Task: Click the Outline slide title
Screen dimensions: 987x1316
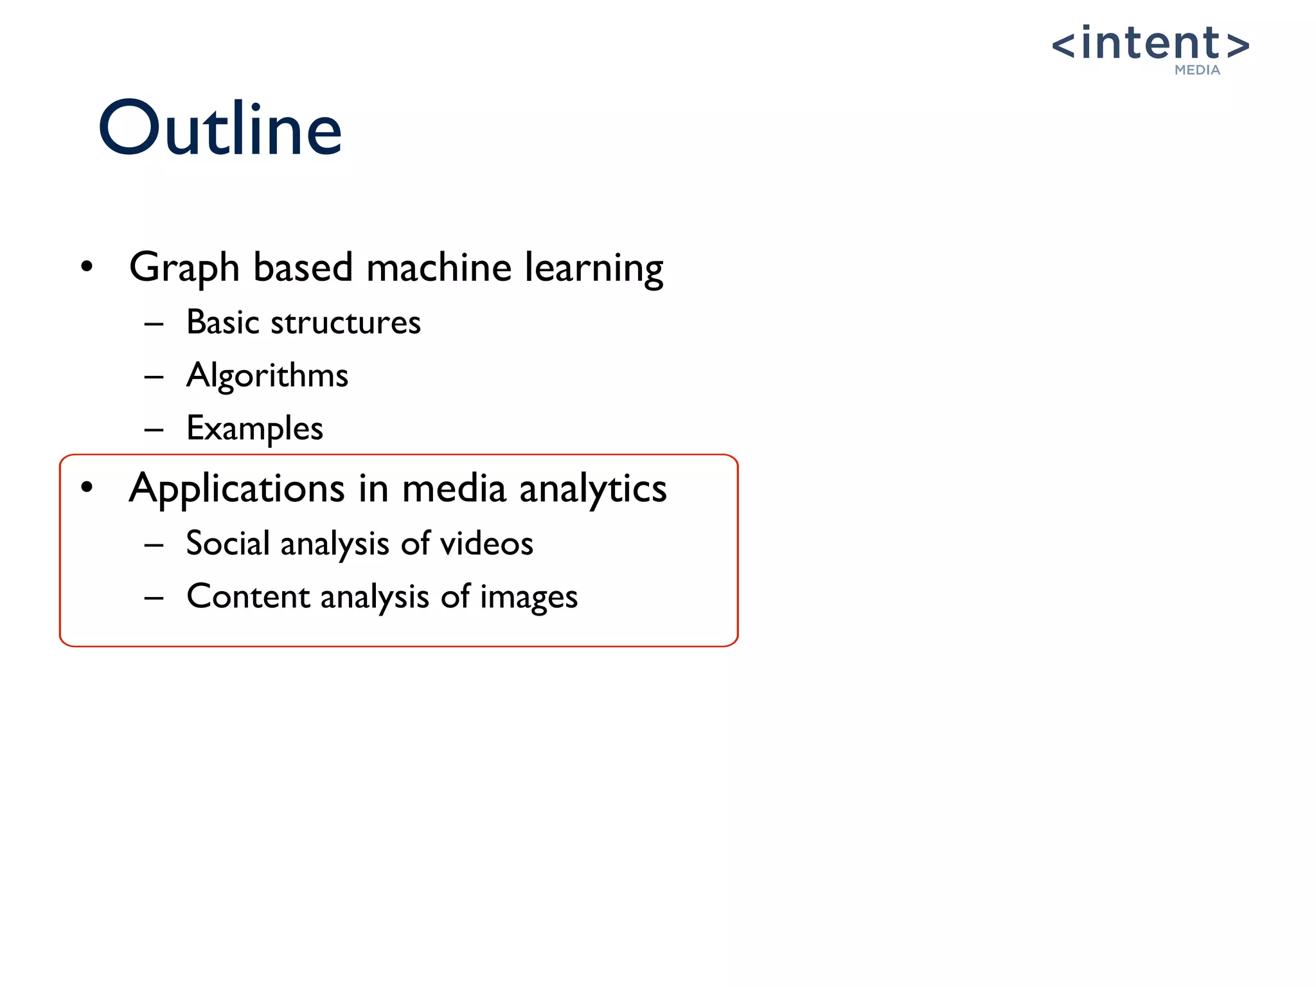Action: [220, 129]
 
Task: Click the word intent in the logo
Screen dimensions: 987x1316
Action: [1150, 43]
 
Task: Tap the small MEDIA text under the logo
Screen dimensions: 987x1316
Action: [1196, 70]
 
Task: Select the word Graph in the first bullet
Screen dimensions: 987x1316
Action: [184, 267]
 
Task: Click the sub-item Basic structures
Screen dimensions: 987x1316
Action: [303, 322]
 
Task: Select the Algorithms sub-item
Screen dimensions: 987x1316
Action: [267, 375]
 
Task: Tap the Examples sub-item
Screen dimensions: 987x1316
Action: [254, 429]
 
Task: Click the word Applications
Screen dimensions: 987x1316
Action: [236, 488]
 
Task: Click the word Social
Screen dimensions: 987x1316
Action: [227, 544]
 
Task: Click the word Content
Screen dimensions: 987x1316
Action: [249, 597]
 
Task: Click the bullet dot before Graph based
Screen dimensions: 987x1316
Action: [87, 266]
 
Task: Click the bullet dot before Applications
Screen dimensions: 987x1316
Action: [87, 488]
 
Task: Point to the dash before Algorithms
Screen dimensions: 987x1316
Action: [154, 377]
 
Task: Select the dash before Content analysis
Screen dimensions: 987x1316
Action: [154, 598]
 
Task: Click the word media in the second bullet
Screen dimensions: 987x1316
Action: [454, 488]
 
